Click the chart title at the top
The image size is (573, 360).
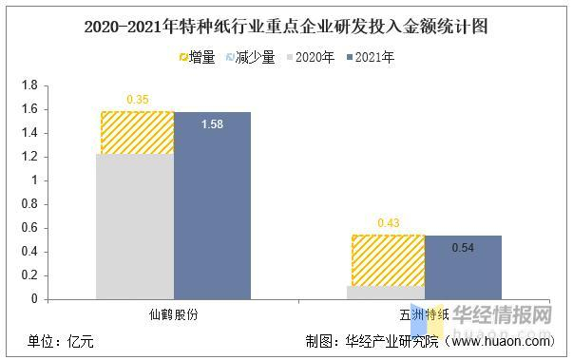tap(286, 26)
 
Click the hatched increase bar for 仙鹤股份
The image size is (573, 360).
tap(135, 132)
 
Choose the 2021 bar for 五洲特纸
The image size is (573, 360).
tap(463, 267)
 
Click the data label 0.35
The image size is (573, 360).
tap(138, 99)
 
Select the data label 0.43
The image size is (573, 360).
tap(389, 222)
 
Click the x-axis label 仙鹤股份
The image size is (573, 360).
tap(173, 313)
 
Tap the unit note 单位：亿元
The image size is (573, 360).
tap(60, 341)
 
